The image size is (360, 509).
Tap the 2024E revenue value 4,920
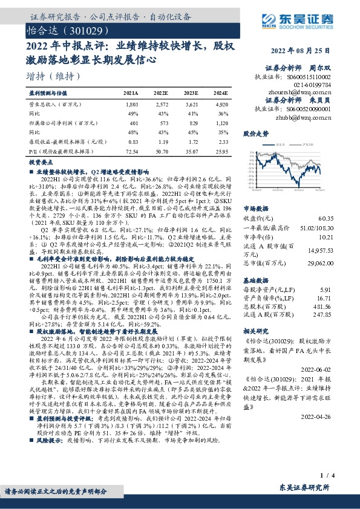(x=220, y=105)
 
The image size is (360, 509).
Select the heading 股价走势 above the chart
(x=255, y=133)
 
